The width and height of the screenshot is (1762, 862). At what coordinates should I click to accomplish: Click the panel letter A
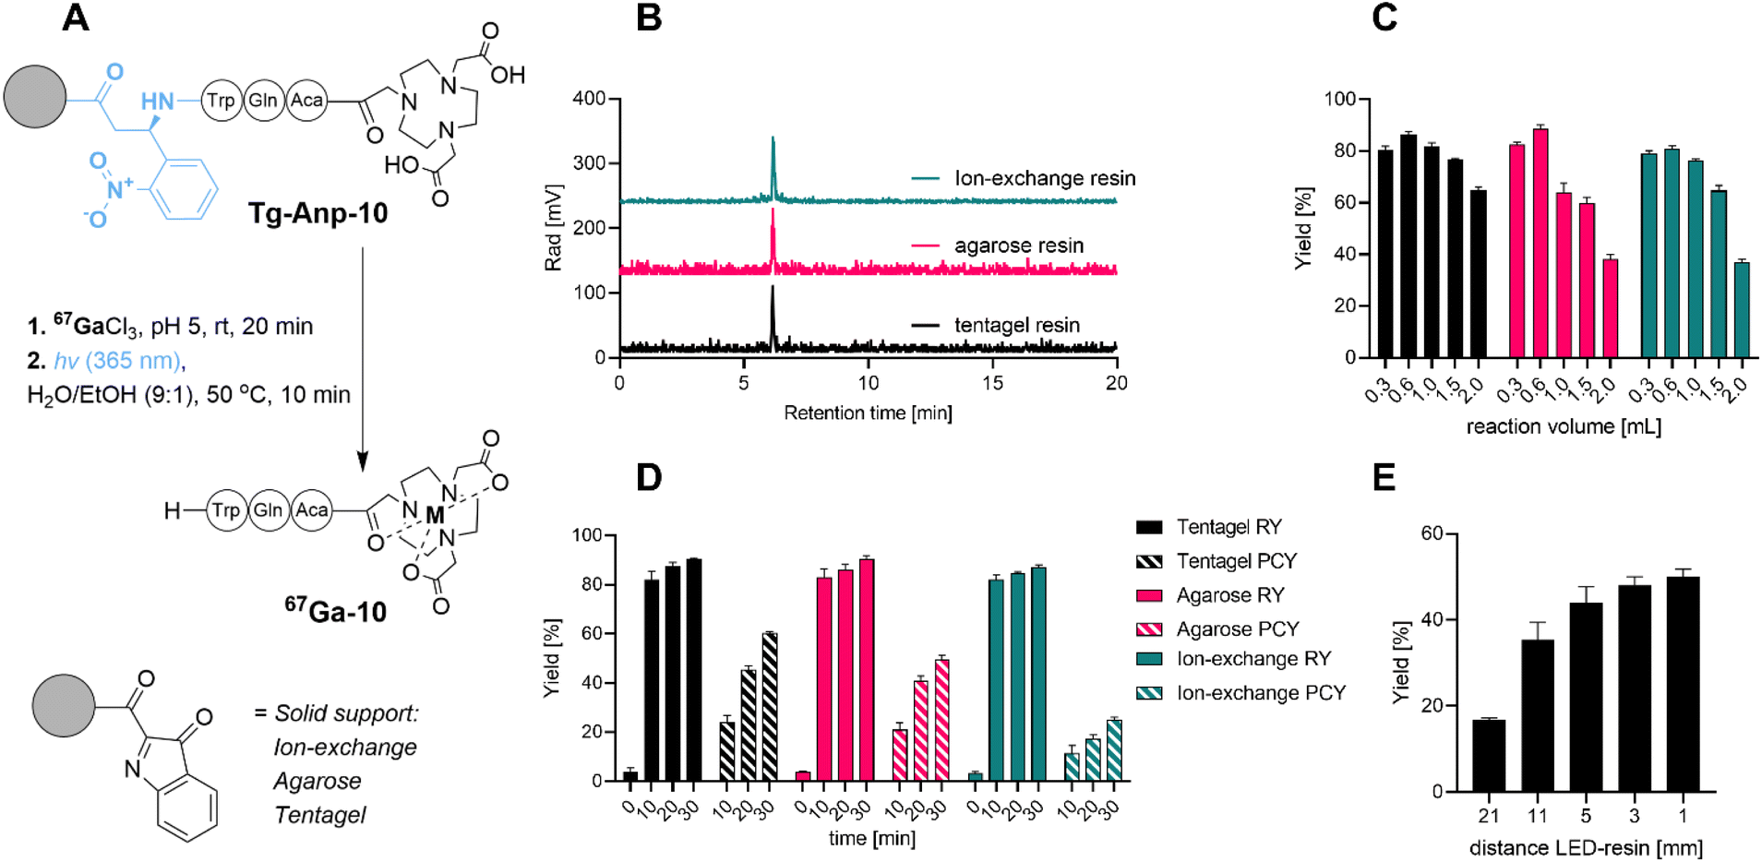click(76, 18)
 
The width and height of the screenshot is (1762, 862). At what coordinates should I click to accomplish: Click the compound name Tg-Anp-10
click(318, 213)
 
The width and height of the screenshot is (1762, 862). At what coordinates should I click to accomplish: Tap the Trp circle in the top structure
click(221, 100)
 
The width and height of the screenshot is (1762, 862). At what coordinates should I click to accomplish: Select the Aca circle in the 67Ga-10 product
click(311, 510)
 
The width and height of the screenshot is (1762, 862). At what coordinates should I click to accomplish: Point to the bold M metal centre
click(434, 515)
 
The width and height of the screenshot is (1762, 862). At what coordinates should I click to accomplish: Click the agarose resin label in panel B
click(1018, 245)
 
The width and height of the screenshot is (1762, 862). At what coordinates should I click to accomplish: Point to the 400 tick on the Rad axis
click(588, 99)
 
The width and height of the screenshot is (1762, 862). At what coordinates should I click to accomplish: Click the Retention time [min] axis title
click(868, 413)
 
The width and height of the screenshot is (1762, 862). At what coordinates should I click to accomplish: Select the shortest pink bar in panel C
click(1610, 308)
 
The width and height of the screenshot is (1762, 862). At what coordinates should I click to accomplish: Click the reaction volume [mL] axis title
click(1564, 426)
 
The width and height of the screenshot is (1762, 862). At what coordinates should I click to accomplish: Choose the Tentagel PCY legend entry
click(1236, 561)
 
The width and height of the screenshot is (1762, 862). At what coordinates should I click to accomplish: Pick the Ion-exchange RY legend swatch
click(1149, 659)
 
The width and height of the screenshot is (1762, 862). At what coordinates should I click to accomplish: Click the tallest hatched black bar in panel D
click(770, 706)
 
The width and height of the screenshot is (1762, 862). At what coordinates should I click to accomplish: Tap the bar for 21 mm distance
click(1488, 755)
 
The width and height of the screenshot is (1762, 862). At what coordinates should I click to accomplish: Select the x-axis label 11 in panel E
click(1537, 816)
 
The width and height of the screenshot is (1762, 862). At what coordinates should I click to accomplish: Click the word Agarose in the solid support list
click(317, 782)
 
